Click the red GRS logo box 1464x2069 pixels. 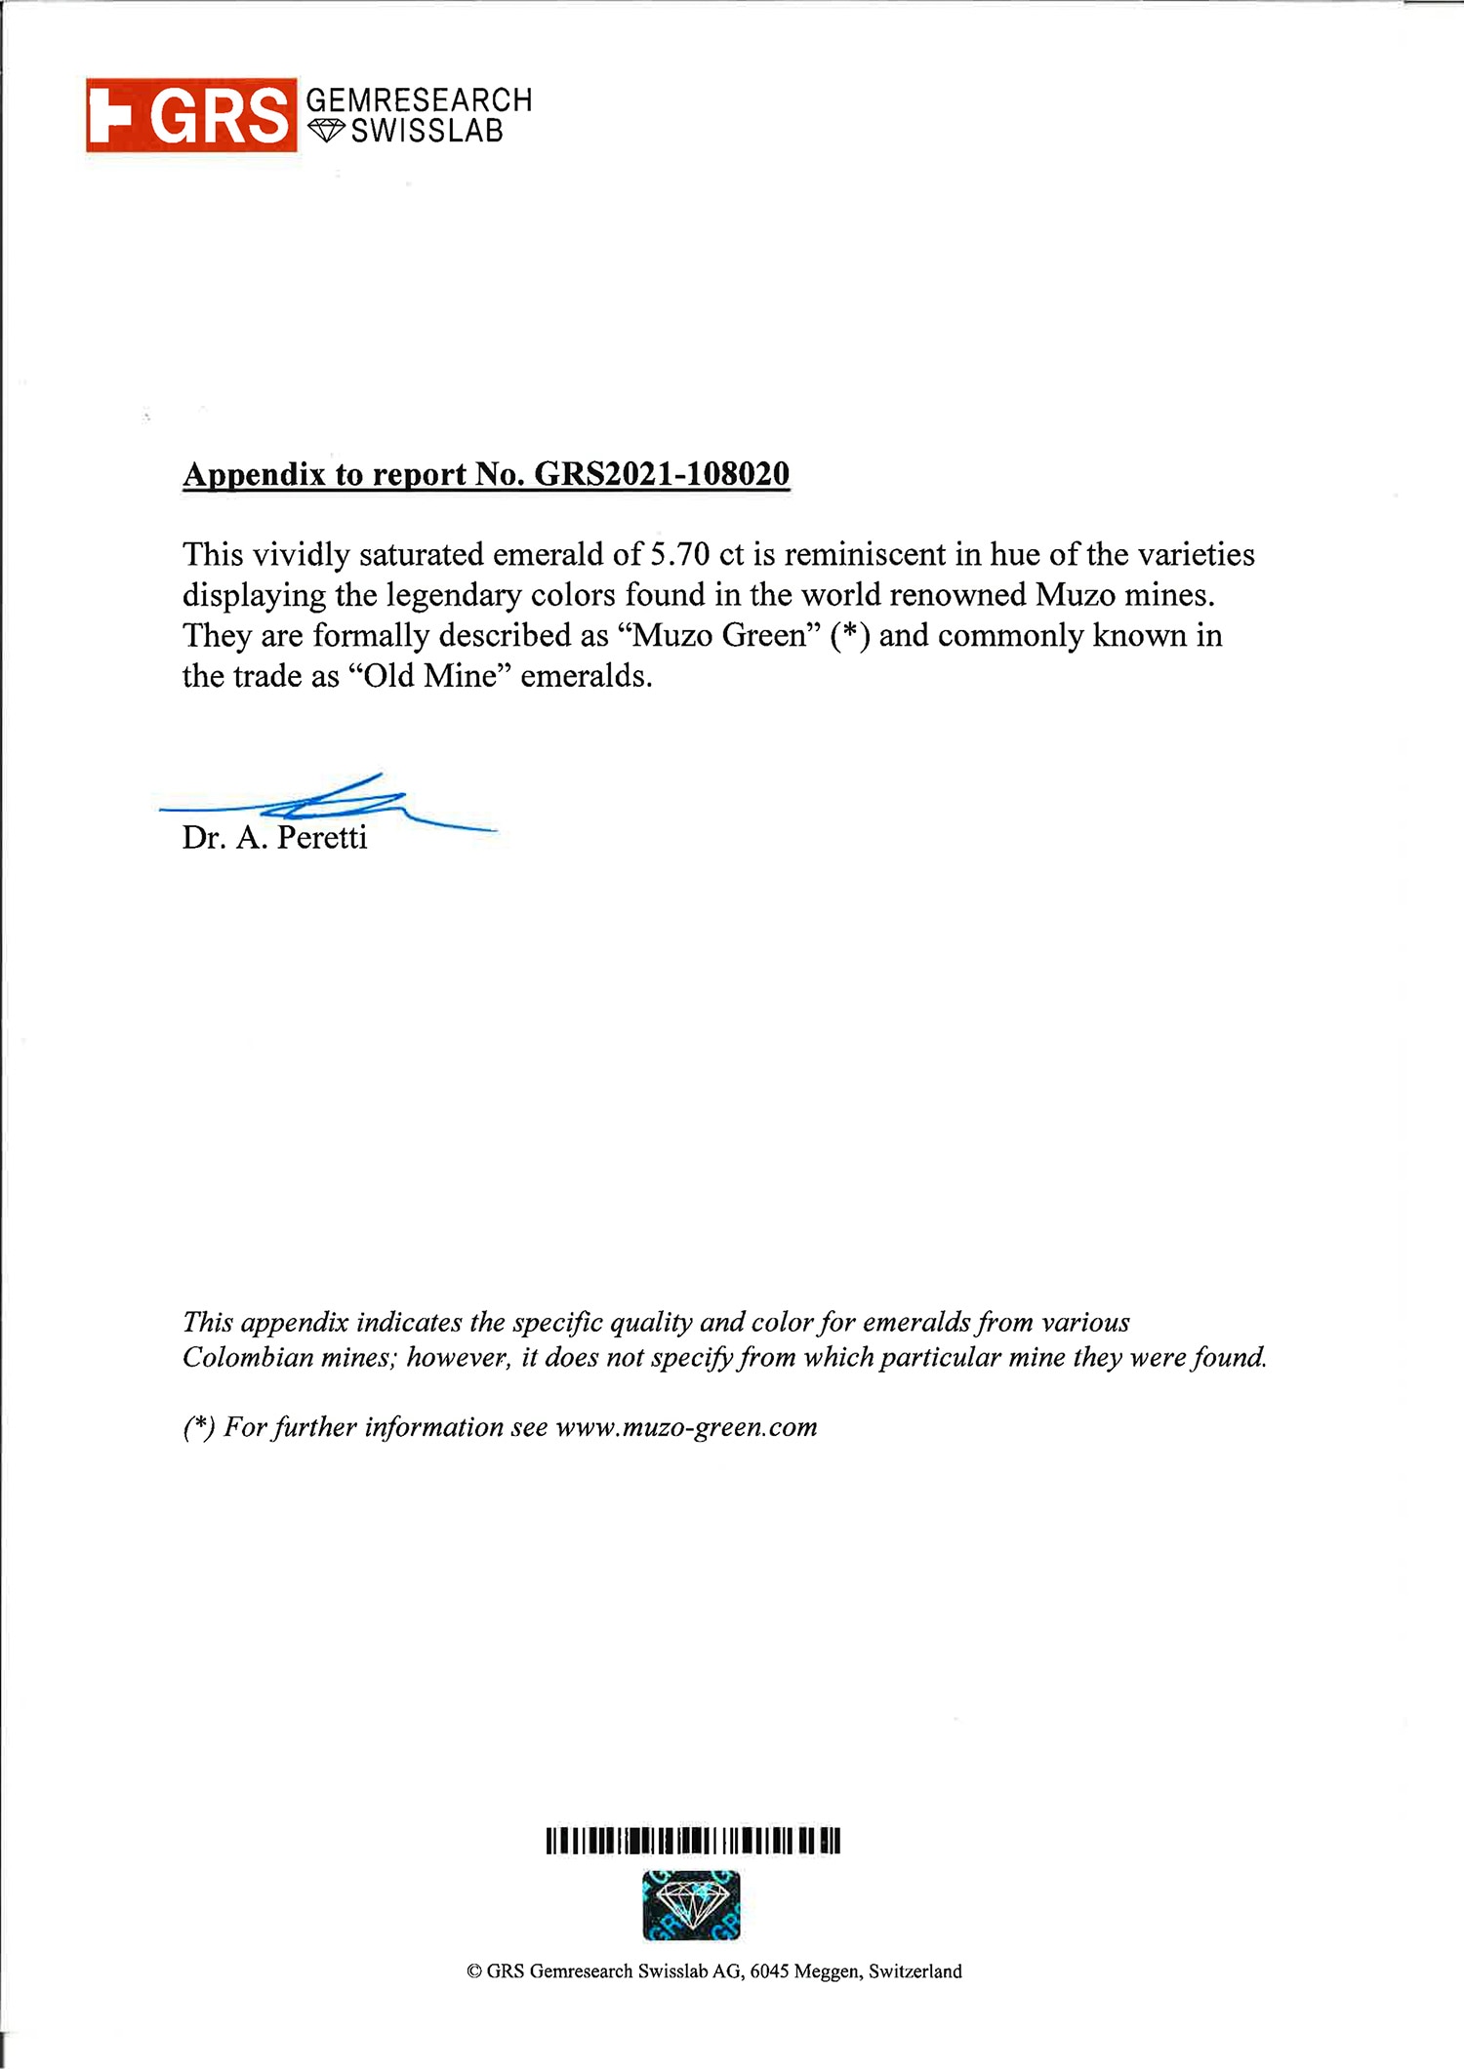191,115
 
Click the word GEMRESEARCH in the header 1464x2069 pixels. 419,99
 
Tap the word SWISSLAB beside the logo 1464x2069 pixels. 427,132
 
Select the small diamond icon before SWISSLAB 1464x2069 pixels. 327,130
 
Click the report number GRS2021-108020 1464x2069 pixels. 662,474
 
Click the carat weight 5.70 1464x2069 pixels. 679,554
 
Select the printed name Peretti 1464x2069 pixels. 322,838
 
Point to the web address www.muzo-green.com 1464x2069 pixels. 686,1427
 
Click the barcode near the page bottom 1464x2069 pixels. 693,1841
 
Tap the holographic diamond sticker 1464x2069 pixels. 691,1904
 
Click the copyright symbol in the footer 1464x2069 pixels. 474,1971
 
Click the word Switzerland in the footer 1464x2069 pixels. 915,1971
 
